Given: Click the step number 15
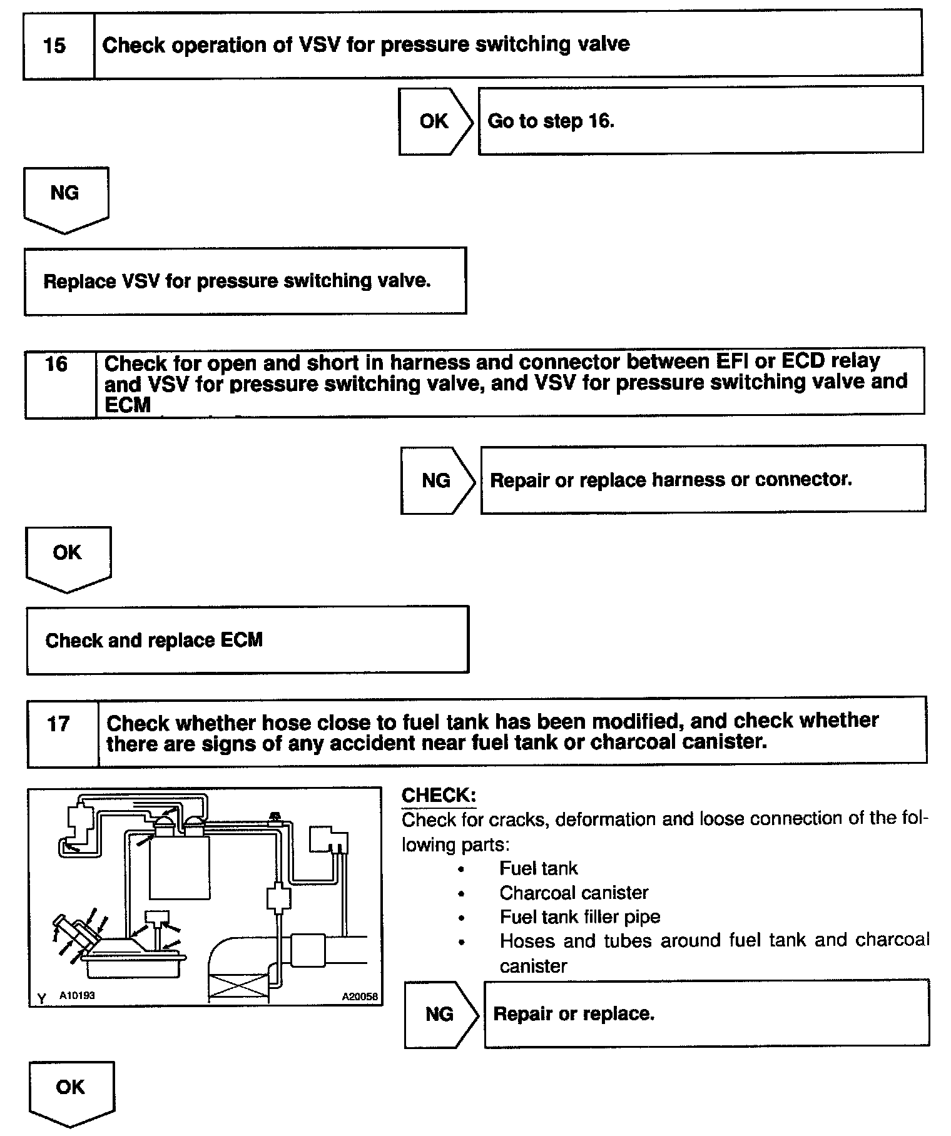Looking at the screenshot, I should [x=55, y=46].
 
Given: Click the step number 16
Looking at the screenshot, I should [x=57, y=364].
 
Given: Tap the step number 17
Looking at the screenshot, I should [x=59, y=724].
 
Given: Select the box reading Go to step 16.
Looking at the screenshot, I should [x=700, y=121].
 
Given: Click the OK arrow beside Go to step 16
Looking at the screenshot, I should [x=434, y=121].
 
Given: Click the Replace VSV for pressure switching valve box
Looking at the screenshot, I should [x=245, y=281].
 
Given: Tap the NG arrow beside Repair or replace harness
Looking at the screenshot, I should [x=436, y=480].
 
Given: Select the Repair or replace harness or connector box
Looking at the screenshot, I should [x=702, y=480].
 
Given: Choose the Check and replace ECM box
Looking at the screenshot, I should [x=247, y=640].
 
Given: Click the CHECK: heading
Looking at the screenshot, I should [x=439, y=796].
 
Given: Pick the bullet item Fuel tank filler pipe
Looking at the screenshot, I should [x=579, y=917].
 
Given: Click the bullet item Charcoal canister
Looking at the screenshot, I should [x=574, y=893].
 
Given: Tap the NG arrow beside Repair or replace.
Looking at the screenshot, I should [x=439, y=1014].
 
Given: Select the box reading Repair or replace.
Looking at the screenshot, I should [x=706, y=1014].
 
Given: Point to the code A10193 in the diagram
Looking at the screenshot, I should [x=77, y=995].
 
